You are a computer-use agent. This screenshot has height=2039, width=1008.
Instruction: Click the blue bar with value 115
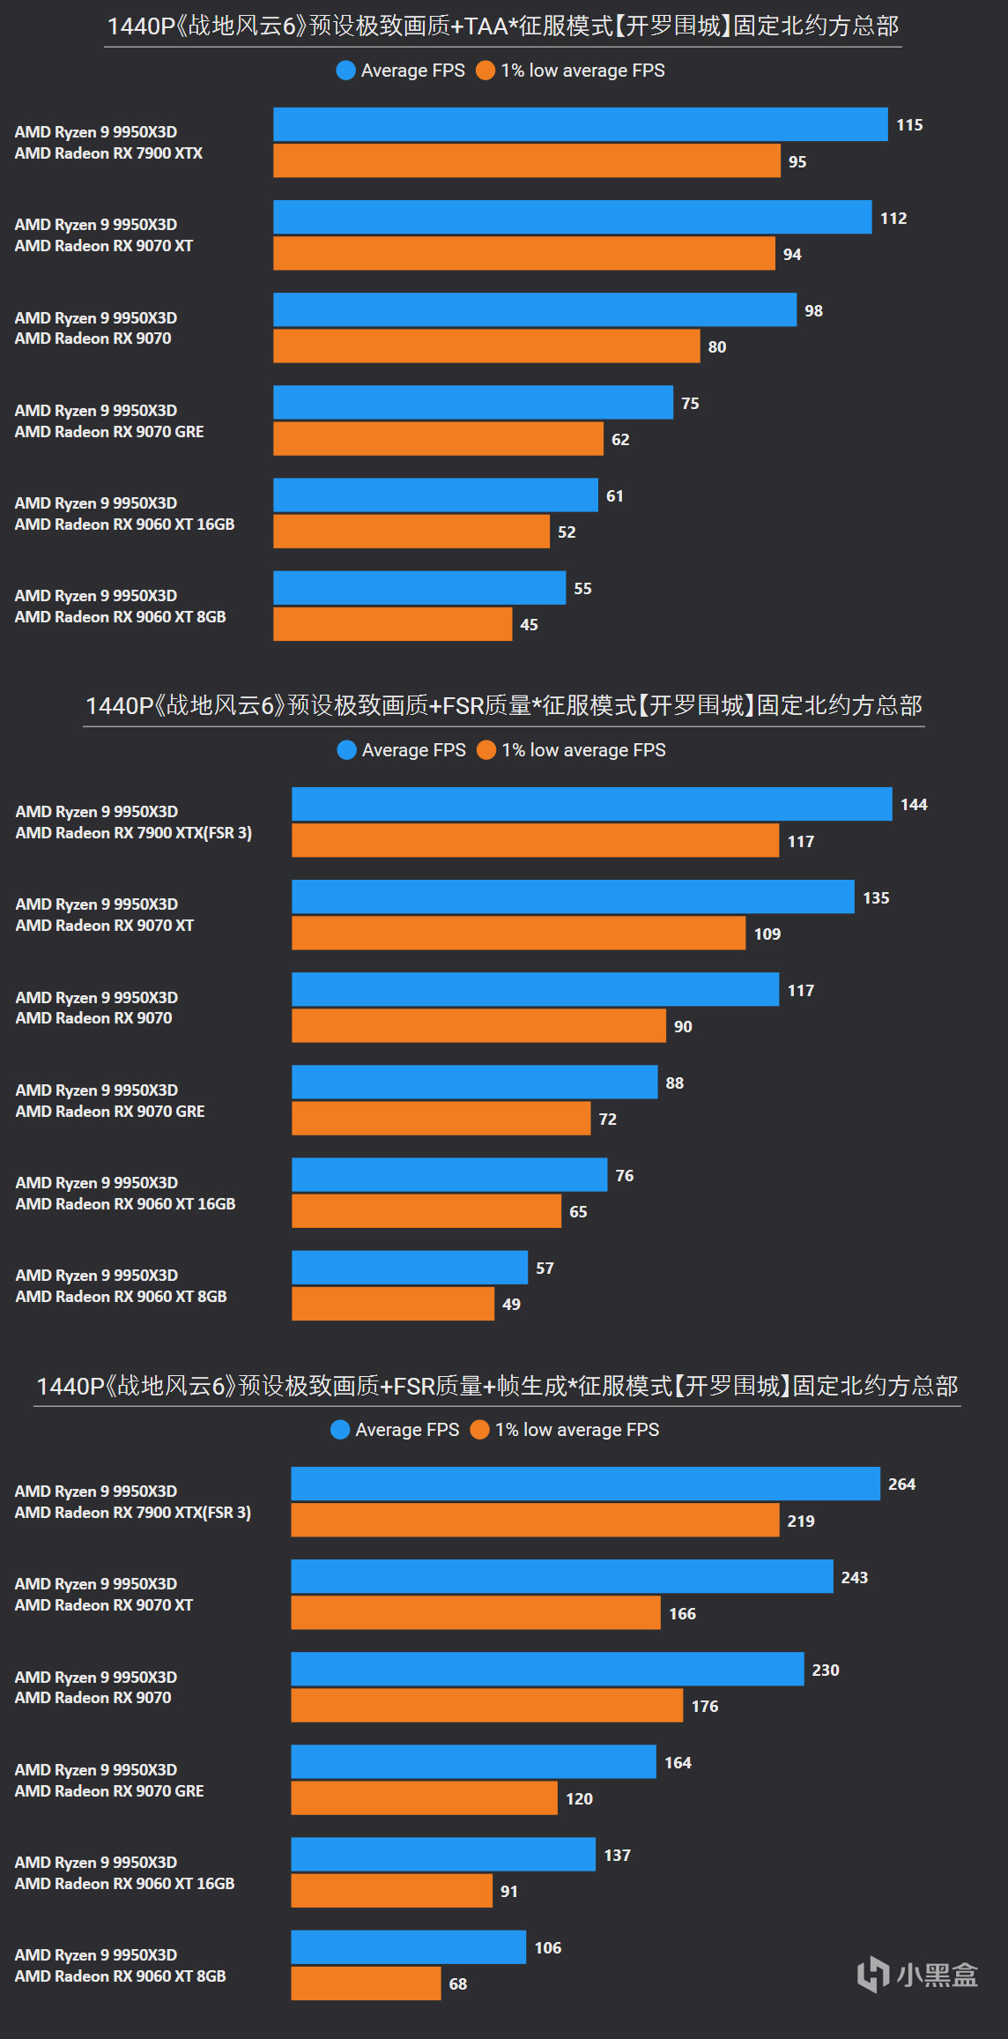click(580, 124)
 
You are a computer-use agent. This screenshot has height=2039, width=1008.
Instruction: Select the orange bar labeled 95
click(526, 161)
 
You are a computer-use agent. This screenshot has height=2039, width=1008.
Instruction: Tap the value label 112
click(893, 218)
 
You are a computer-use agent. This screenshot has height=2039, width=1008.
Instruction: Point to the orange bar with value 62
click(438, 439)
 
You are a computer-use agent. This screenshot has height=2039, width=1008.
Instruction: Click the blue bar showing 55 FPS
click(419, 588)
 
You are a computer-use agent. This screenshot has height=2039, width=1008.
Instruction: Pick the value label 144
click(914, 805)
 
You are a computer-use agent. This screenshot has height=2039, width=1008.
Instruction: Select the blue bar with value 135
click(573, 897)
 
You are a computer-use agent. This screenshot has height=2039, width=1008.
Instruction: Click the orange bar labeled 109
click(518, 934)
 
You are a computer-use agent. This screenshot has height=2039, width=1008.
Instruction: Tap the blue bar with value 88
click(474, 1083)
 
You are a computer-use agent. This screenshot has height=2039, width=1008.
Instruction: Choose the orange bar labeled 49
click(392, 1304)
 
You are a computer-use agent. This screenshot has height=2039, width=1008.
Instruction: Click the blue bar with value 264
click(585, 1484)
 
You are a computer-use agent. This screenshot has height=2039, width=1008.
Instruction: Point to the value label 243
click(854, 1577)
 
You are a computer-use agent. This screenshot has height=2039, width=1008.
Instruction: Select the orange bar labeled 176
click(486, 1706)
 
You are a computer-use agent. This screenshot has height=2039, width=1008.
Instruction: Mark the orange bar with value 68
click(366, 1983)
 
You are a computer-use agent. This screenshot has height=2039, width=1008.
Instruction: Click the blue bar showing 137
click(442, 1855)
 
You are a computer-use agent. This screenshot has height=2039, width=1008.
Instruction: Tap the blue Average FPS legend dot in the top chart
click(345, 71)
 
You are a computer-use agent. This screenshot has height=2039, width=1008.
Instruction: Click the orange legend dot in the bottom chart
click(479, 1430)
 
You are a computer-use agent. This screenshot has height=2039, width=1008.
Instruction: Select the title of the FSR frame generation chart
click(497, 1386)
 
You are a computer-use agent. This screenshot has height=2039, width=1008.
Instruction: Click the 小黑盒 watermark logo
click(917, 1975)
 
